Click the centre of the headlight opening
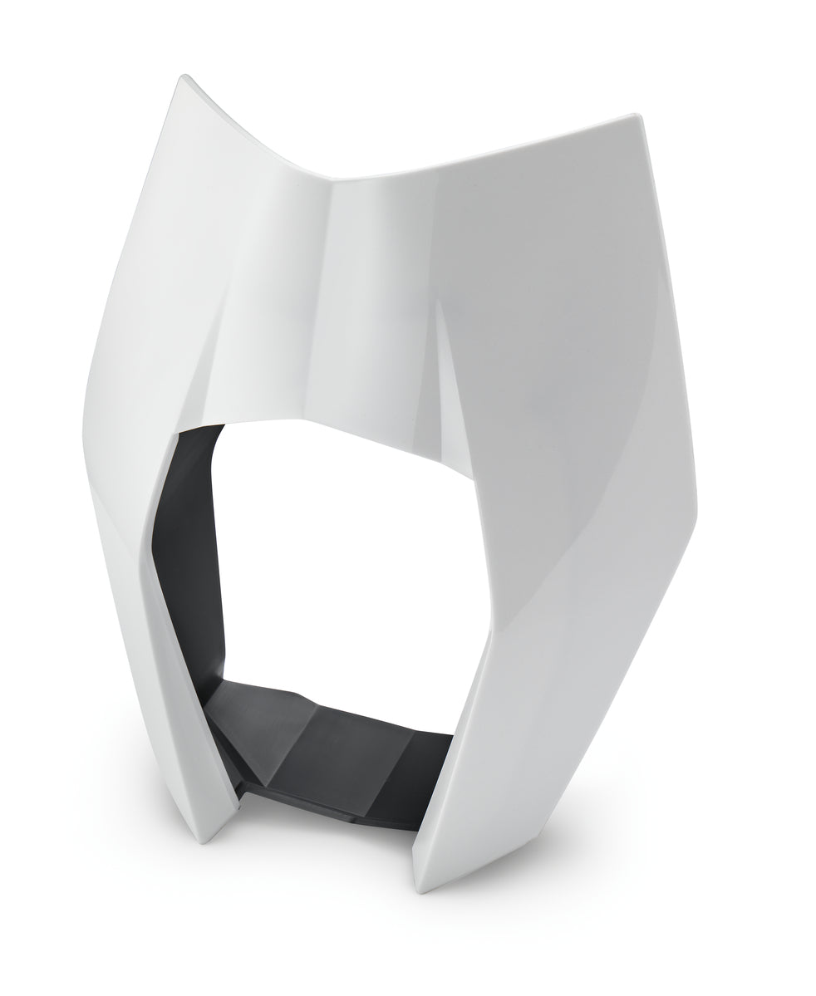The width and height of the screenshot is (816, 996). pos(341,565)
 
